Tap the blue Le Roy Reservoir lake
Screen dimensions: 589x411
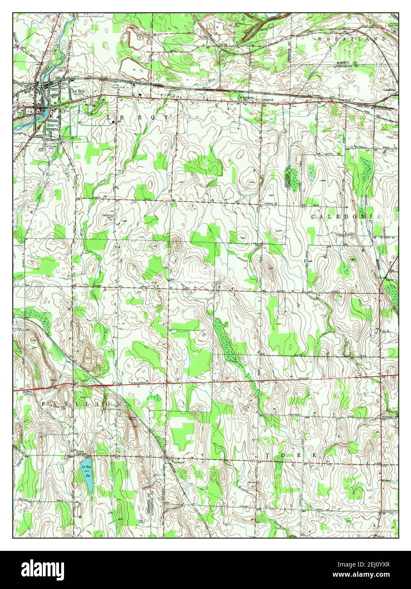click(88, 475)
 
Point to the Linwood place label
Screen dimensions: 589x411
click(179, 462)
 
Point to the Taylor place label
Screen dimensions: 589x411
click(389, 280)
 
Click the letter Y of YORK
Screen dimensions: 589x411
click(268, 455)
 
